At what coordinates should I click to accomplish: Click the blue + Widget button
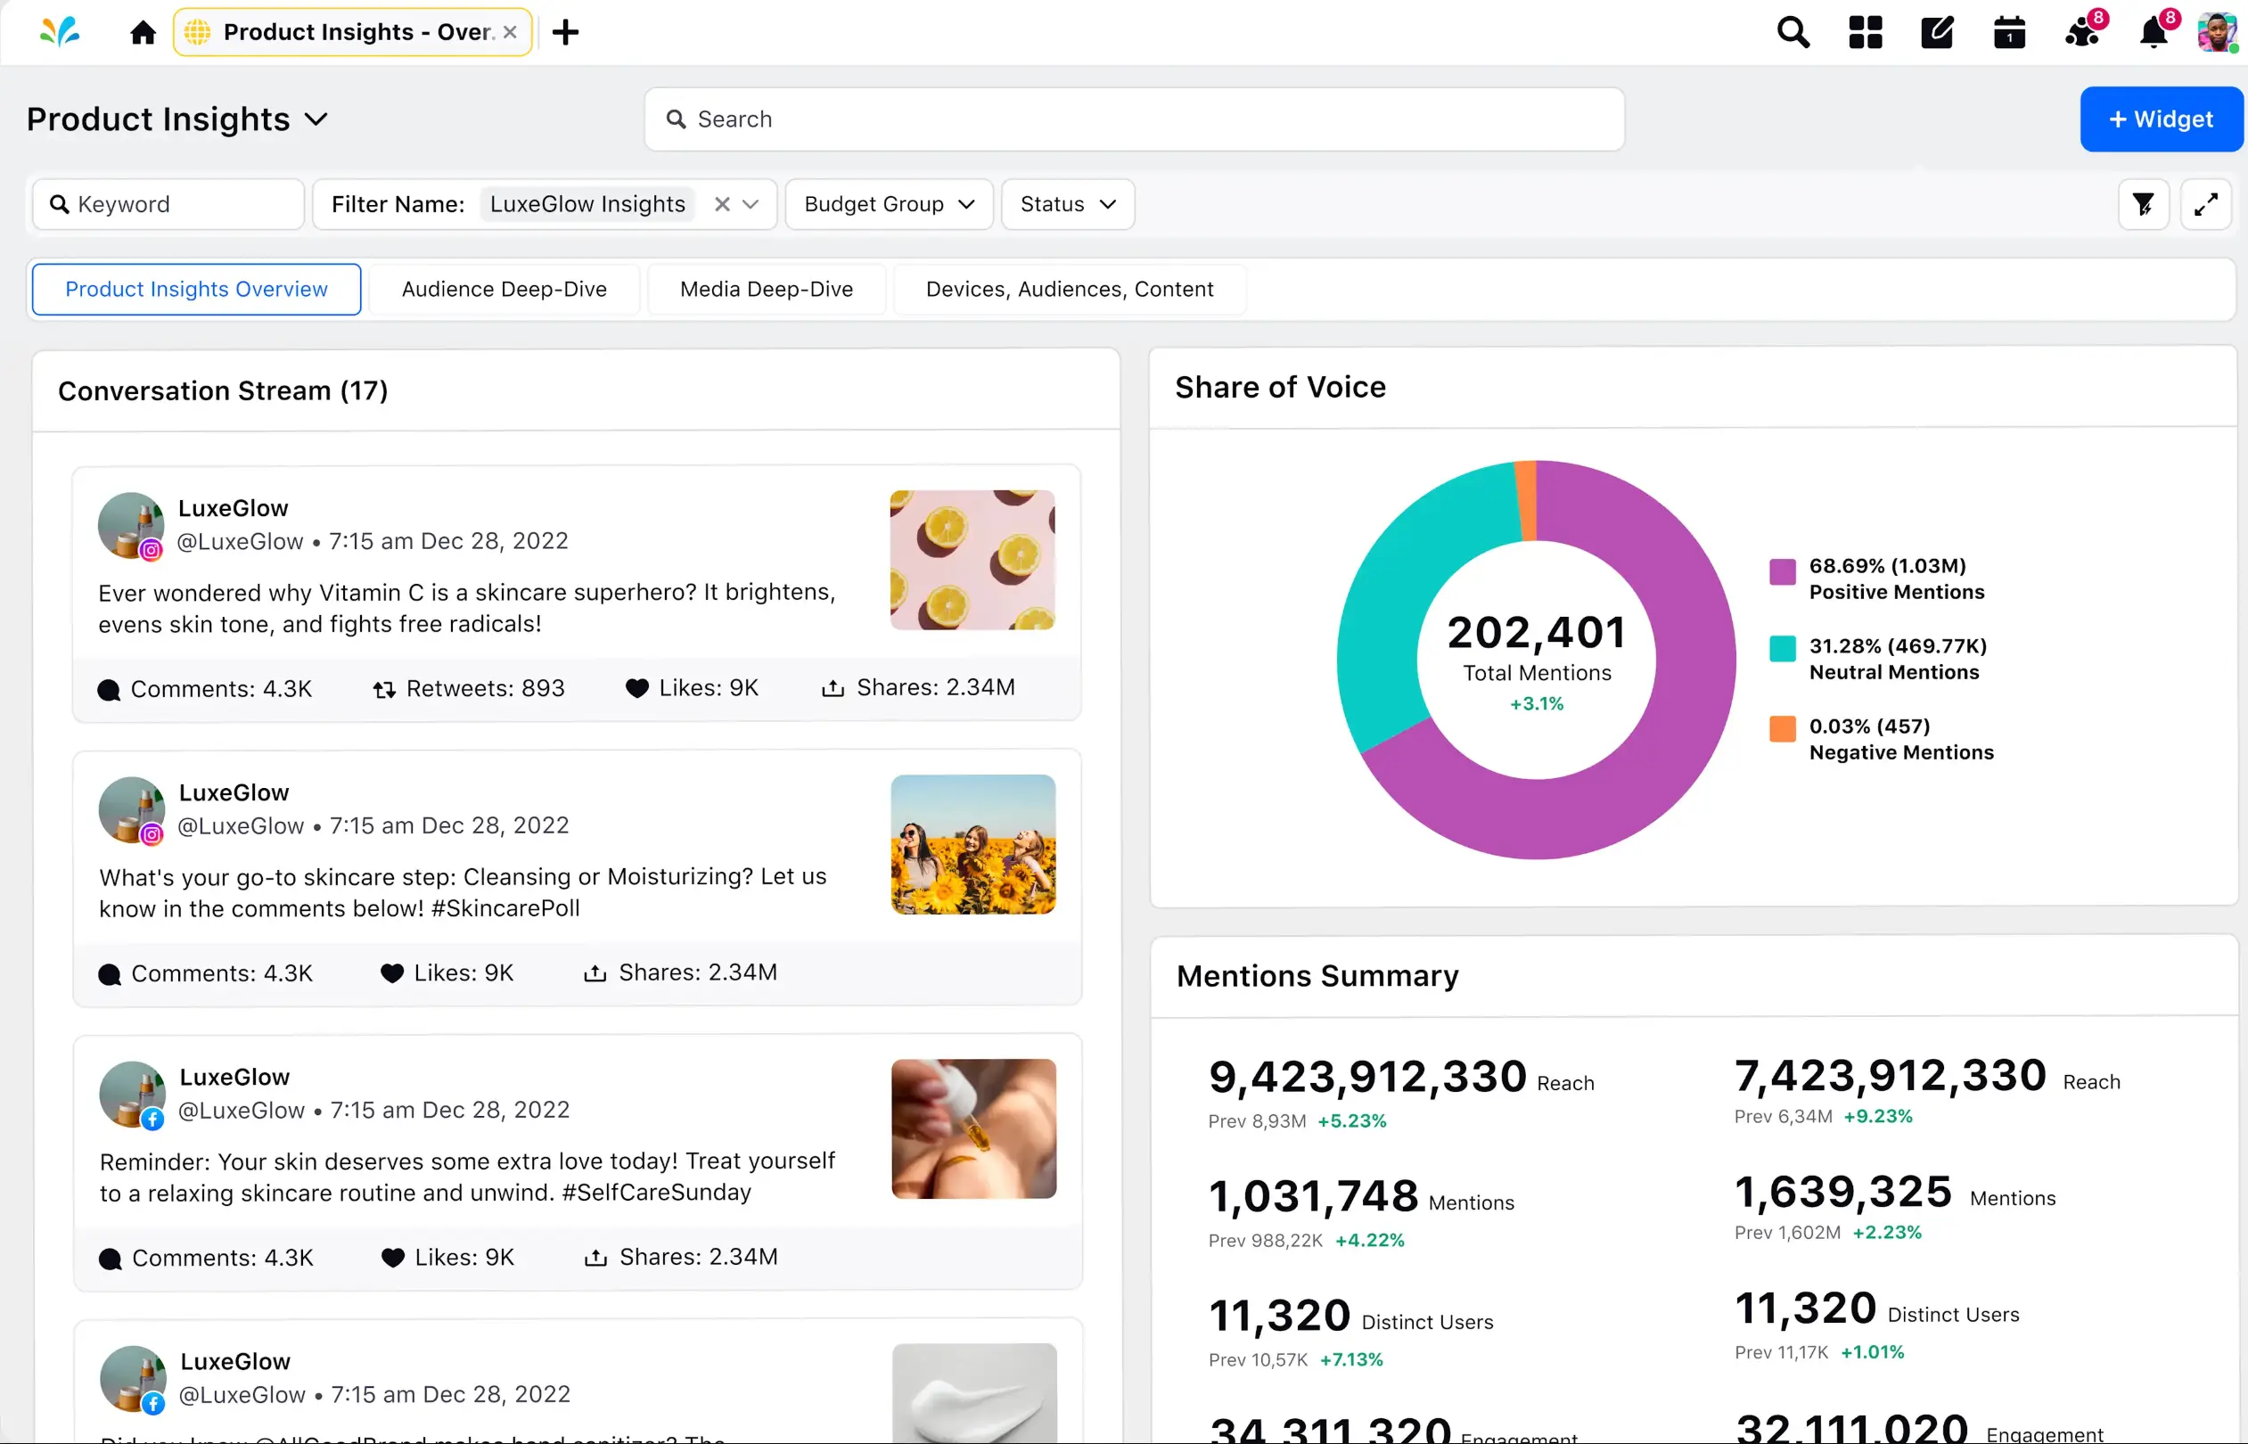(x=2160, y=119)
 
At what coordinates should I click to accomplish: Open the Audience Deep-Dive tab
(x=505, y=289)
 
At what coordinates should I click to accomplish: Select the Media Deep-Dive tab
(x=766, y=289)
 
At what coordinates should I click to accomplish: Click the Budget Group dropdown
(x=888, y=204)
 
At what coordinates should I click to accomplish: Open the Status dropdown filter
(x=1067, y=204)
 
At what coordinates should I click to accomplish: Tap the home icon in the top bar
(x=143, y=33)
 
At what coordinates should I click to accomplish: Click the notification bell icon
(x=2154, y=34)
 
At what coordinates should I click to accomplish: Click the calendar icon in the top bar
(x=2008, y=33)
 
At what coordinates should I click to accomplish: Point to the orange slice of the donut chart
(x=1525, y=500)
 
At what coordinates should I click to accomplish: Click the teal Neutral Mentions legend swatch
(x=1782, y=648)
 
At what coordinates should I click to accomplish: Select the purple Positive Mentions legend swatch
(x=1782, y=570)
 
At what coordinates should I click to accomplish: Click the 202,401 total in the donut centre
(x=1537, y=633)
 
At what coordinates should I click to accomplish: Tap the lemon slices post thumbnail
(x=972, y=560)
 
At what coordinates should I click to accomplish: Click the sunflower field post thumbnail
(x=972, y=844)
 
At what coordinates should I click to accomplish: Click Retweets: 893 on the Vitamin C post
(x=470, y=688)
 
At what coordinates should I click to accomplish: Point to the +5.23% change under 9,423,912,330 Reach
(x=1351, y=1120)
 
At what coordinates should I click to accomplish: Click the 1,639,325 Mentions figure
(x=1843, y=1192)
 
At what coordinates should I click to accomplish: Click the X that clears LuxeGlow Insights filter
(x=722, y=204)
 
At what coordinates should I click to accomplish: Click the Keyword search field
(x=168, y=204)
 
